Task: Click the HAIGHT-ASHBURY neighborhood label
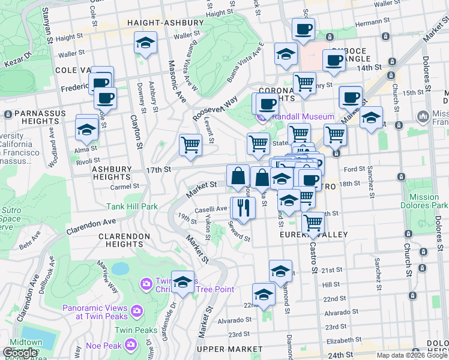tap(165, 23)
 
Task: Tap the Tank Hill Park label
tap(132, 206)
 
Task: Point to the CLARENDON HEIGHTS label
tap(124, 240)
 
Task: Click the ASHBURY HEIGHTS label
tap(111, 173)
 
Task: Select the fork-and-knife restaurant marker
tap(244, 208)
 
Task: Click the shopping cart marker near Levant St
tap(190, 144)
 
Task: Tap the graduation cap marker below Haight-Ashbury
tap(145, 43)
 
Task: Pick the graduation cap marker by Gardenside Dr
tap(182, 281)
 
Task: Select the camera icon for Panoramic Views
tap(136, 310)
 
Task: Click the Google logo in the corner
tap(20, 353)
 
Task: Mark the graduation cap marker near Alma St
tap(86, 129)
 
